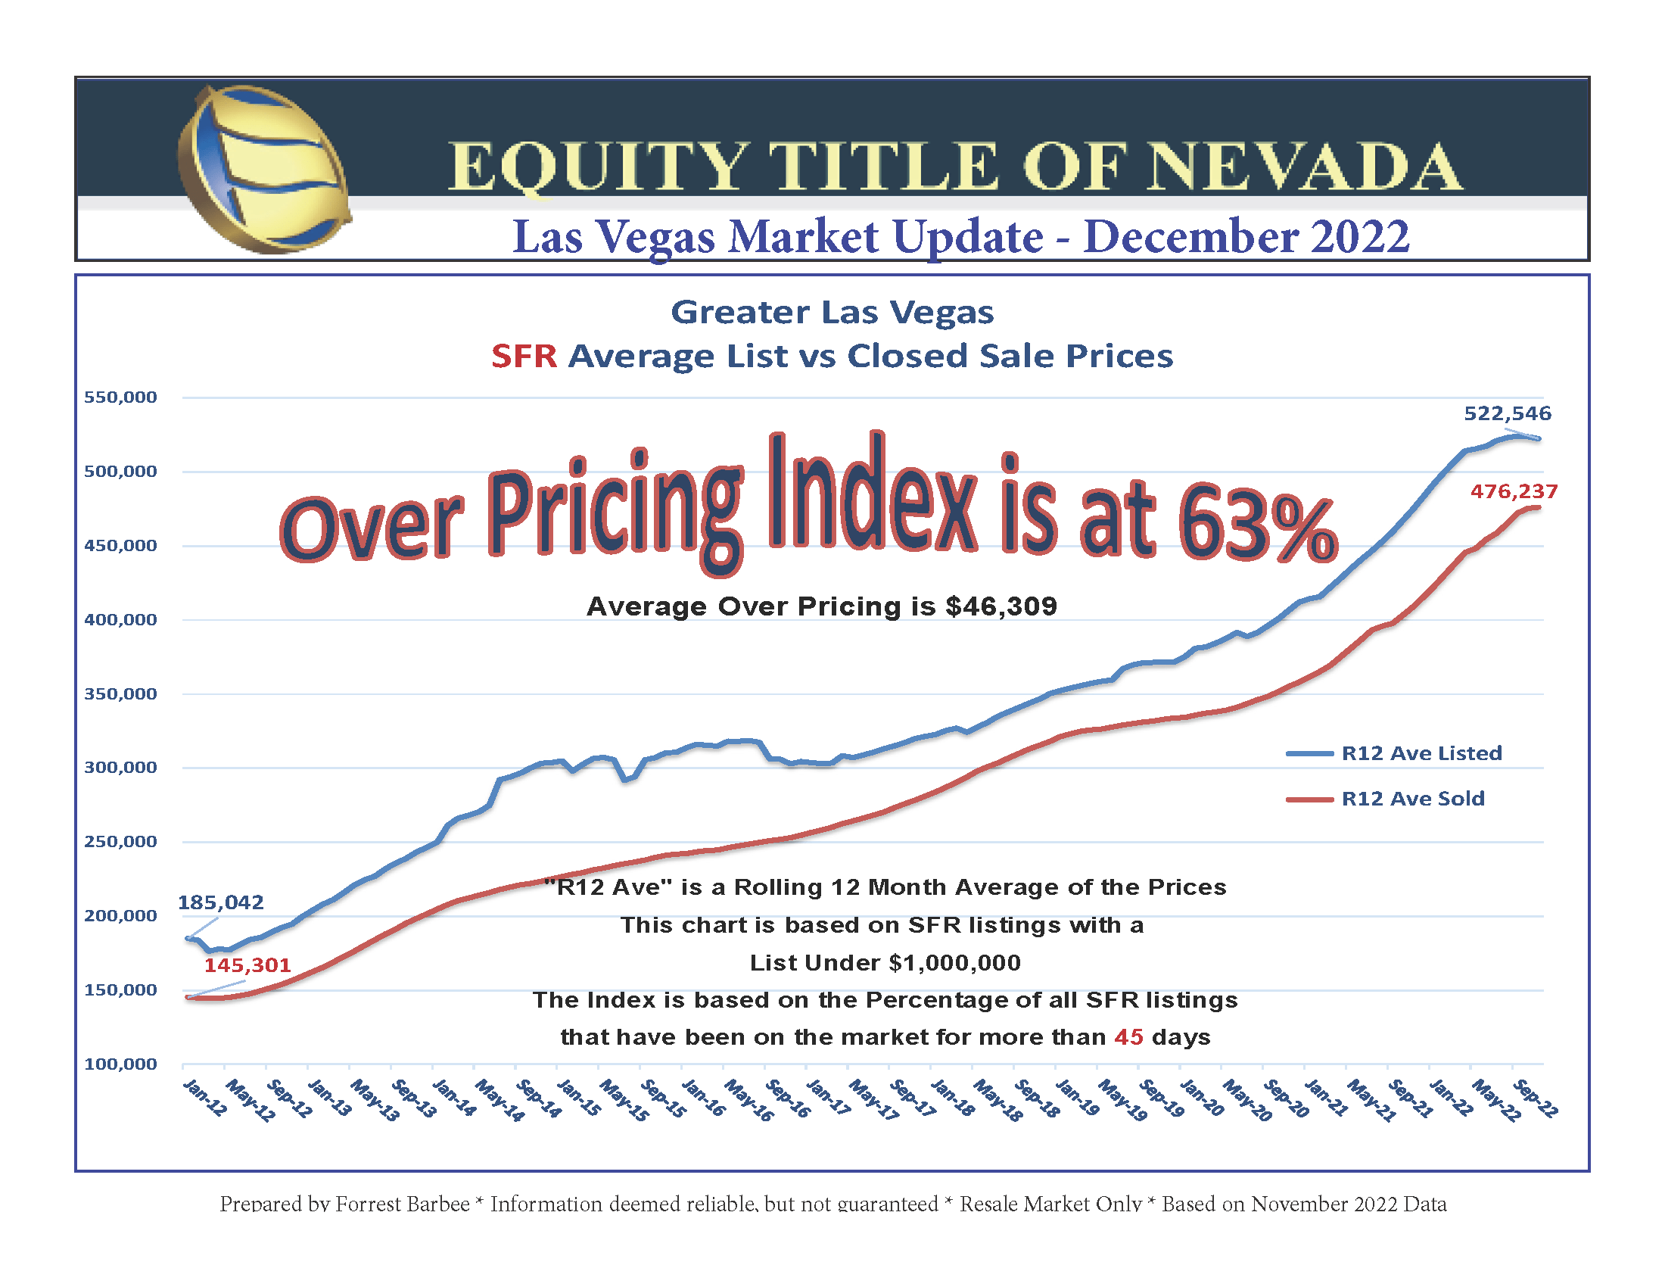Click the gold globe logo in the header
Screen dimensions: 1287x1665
tap(264, 170)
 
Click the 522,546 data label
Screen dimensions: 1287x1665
tap(1507, 413)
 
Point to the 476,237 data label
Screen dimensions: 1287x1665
tap(1514, 491)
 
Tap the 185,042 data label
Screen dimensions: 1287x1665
tap(220, 902)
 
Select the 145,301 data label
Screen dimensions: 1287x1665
tap(247, 965)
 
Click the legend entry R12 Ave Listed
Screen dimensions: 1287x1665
tap(1421, 753)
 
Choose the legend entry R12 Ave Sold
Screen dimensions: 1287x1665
tap(1413, 798)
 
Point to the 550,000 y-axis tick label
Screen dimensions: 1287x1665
tap(120, 397)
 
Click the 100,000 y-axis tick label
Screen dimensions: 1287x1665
tap(120, 1064)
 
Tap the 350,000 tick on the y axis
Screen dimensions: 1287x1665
tap(120, 693)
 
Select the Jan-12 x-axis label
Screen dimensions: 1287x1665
tap(205, 1098)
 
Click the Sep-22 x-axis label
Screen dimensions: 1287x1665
tap(1535, 1098)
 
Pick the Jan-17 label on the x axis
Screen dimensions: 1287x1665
tap(828, 1098)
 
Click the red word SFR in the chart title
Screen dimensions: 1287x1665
tap(524, 356)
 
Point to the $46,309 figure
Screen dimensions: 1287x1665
tap(1001, 606)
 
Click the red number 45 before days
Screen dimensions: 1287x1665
tap(1128, 1037)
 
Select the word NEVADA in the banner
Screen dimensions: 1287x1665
tap(1305, 167)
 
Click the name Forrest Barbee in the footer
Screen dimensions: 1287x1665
tap(403, 1204)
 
